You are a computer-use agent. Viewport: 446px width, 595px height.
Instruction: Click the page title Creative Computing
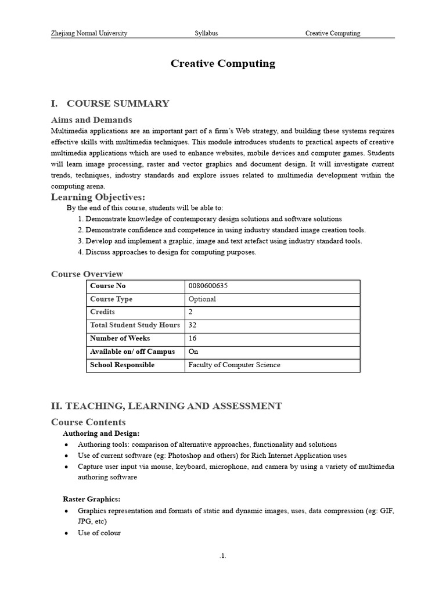222,64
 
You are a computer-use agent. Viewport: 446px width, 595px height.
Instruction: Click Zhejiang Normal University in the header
89,33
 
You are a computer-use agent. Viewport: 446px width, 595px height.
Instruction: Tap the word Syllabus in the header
206,33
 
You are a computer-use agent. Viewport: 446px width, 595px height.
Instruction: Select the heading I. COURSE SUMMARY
110,103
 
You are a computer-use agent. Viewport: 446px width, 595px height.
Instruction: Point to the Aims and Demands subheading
91,120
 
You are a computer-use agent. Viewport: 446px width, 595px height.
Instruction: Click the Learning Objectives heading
98,197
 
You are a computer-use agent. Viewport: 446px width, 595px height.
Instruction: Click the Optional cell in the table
202,299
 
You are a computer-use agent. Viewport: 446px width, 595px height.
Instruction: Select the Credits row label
103,312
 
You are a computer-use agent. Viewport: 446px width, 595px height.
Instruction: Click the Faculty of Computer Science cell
234,365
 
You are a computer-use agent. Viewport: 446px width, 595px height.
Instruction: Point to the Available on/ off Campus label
132,352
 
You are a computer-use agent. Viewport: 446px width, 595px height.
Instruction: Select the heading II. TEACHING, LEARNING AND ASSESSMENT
166,406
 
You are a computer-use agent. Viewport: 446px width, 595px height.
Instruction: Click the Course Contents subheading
88,422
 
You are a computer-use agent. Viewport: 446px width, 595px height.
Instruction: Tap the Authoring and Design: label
101,433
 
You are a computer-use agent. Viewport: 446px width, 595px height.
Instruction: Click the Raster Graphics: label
91,499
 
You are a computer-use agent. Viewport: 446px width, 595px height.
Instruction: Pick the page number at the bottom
223,556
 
